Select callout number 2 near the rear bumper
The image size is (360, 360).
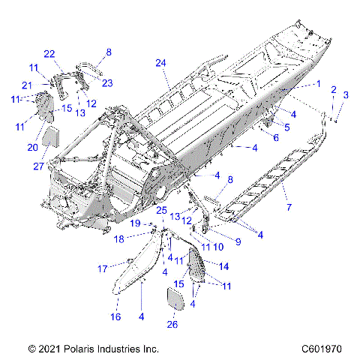click(333, 89)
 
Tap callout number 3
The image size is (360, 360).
click(346, 94)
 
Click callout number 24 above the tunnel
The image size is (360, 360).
click(159, 63)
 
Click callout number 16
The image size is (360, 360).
click(116, 317)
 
